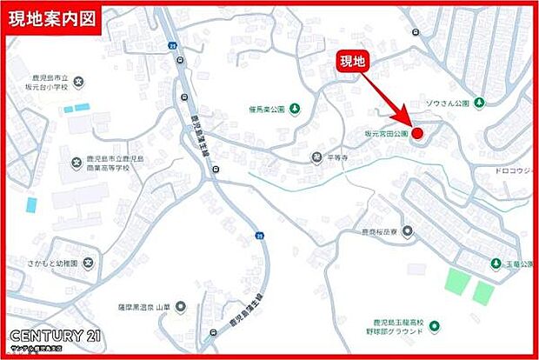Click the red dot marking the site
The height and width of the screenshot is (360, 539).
(416, 133)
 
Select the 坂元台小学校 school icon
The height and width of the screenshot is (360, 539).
(77, 83)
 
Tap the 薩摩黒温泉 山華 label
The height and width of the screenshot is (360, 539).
(143, 306)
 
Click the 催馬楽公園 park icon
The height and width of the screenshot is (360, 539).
(295, 109)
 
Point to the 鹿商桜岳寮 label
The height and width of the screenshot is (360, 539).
(379, 232)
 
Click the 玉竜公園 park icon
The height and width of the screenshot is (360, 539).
(495, 263)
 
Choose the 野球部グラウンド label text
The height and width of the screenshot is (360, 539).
(396, 332)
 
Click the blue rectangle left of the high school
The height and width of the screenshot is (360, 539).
(32, 205)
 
